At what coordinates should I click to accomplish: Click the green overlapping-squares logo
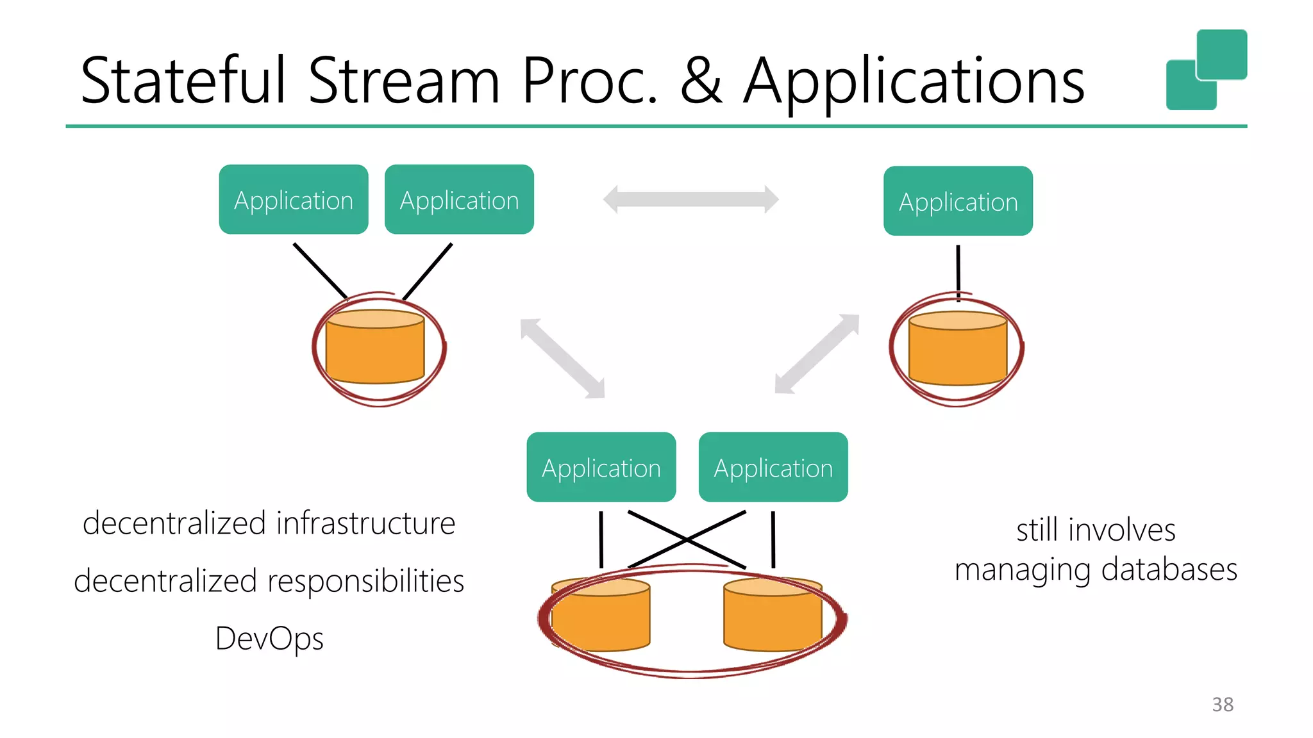coord(1206,70)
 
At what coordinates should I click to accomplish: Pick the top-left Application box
coord(294,200)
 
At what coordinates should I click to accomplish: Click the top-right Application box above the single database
coord(958,201)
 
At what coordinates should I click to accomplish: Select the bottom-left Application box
coord(601,467)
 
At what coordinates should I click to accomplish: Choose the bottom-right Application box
coord(773,467)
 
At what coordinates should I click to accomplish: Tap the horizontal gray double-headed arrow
coord(690,199)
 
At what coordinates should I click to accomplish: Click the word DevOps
coord(269,639)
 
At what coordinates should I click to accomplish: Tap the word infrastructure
coord(366,523)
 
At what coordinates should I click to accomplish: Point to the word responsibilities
coord(365,581)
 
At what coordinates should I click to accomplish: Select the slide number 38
coord(1223,704)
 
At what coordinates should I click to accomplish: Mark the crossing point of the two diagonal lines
coord(687,540)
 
